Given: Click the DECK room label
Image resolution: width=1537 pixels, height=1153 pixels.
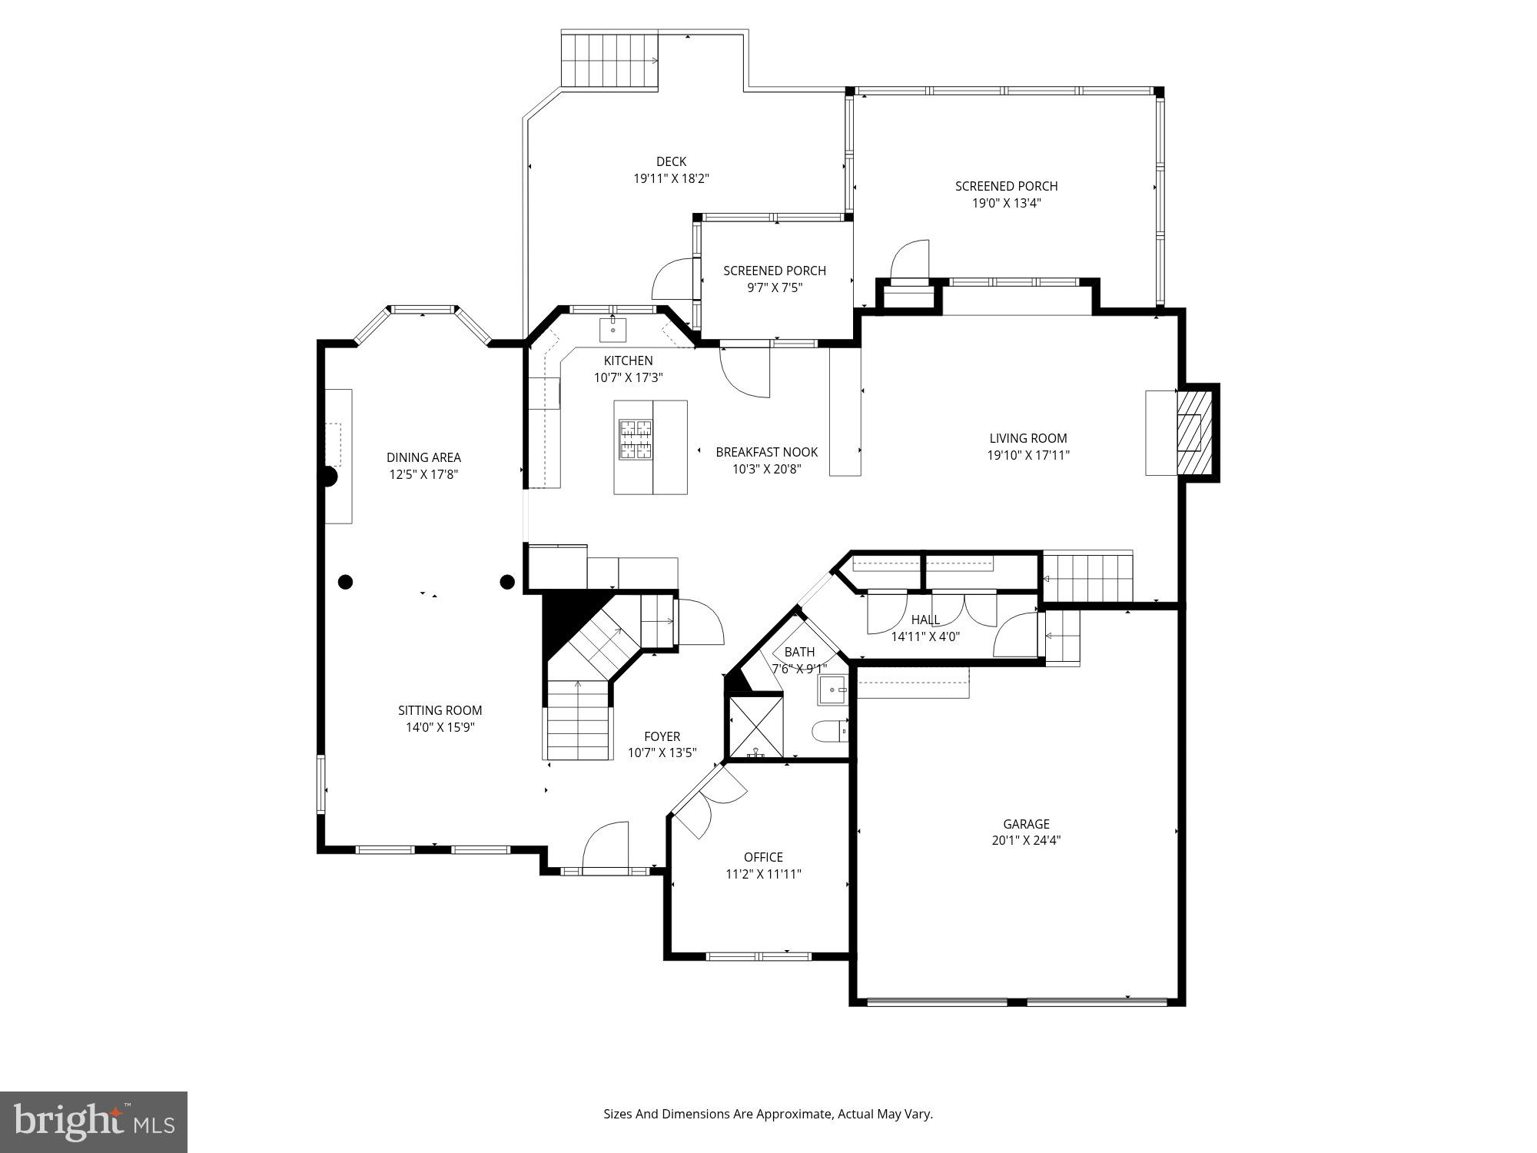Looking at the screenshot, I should click(x=671, y=161).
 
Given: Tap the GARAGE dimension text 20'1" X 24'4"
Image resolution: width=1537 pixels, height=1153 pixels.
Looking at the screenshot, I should click(x=1026, y=841).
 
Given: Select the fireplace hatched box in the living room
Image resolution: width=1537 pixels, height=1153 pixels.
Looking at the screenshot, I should click(x=1193, y=433).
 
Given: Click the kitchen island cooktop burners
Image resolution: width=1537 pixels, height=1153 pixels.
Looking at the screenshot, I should click(x=636, y=440).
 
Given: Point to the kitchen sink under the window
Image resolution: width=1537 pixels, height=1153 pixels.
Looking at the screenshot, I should click(x=612, y=330).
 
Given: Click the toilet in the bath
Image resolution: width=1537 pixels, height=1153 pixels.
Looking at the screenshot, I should click(x=830, y=730).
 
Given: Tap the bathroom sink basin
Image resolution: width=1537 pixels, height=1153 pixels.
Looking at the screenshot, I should click(x=832, y=690).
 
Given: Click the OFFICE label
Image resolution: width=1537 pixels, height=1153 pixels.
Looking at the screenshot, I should click(x=763, y=857).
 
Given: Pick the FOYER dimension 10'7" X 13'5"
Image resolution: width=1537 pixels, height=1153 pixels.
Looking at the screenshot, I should click(x=662, y=753).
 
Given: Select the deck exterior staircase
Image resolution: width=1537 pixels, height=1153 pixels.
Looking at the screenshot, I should click(x=610, y=61).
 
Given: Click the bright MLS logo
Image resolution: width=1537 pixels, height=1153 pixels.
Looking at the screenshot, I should click(x=93, y=1121).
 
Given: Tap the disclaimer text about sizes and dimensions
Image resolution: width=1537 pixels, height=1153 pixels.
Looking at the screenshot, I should click(x=768, y=1114).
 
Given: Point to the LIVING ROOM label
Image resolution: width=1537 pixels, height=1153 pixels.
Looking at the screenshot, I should click(x=1027, y=438).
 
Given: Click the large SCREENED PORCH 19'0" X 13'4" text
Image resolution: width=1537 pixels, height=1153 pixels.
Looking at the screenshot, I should click(x=1006, y=203).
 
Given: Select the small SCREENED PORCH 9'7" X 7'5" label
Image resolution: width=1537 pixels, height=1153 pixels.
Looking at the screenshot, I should click(x=774, y=271).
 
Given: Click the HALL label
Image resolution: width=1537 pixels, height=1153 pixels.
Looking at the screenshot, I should click(x=925, y=620).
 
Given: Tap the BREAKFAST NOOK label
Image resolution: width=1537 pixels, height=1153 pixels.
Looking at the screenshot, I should click(x=766, y=452).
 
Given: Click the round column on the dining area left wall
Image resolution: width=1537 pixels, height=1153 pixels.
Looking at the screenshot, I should click(x=328, y=477).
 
